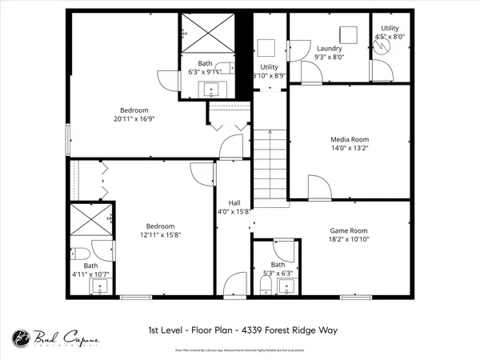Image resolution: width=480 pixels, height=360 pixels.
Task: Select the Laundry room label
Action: (x=329, y=48)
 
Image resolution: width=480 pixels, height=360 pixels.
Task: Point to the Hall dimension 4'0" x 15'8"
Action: (x=234, y=212)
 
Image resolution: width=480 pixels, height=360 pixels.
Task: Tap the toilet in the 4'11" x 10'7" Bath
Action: (x=82, y=256)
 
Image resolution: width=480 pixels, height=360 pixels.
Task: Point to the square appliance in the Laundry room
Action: (x=346, y=34)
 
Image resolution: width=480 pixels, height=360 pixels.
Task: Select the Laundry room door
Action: (x=311, y=74)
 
